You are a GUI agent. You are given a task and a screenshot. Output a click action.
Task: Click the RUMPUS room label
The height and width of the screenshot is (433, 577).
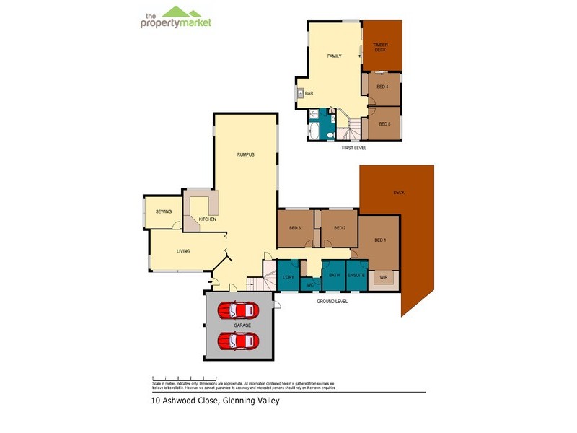[246, 154]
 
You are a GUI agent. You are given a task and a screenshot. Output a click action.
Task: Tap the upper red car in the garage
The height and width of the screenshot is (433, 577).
[238, 311]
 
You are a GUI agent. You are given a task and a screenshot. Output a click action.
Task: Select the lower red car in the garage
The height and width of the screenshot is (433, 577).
[238, 341]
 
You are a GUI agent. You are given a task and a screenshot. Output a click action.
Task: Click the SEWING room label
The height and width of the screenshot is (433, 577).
[164, 211]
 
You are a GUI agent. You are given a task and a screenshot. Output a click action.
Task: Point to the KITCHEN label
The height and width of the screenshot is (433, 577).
[208, 219]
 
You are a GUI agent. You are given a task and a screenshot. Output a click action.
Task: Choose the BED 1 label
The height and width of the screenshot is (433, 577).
[380, 240]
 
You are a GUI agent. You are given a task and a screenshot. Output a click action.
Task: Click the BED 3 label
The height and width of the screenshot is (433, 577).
[295, 229]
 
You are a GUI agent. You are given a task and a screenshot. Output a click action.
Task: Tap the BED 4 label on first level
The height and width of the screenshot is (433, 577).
[384, 87]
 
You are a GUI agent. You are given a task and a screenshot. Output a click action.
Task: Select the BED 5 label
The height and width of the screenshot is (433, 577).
[384, 123]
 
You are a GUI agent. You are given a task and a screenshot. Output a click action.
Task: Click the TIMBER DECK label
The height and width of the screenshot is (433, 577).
[380, 48]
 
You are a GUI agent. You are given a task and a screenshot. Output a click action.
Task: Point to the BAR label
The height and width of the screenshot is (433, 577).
[309, 93]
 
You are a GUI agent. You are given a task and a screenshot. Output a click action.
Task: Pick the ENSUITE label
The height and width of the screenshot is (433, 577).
[356, 275]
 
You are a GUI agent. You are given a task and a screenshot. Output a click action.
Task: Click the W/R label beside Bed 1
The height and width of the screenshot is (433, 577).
[383, 276]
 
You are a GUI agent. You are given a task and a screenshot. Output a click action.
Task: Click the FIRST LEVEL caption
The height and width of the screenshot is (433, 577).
[354, 148]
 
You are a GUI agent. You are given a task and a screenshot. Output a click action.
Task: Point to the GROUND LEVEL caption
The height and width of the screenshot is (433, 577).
[332, 301]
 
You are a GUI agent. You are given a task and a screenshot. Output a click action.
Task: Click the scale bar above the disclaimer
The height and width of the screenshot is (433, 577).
[184, 377]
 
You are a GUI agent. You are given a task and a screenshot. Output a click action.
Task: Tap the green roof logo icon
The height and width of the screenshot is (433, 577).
[183, 11]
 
